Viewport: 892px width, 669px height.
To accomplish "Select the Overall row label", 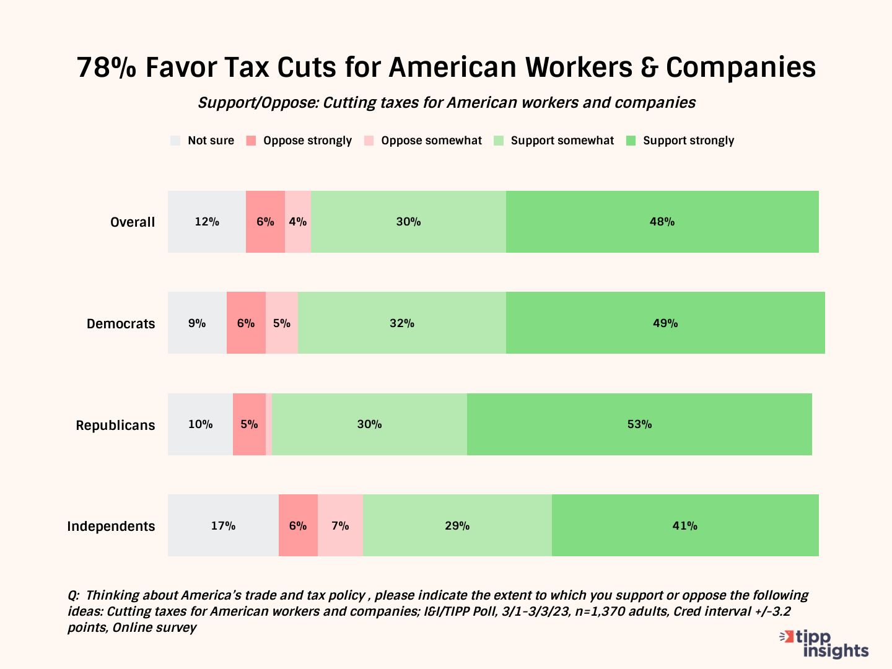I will coord(133,222).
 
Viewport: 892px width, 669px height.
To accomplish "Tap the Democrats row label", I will coord(121,324).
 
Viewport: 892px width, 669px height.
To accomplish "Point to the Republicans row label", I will coord(115,426).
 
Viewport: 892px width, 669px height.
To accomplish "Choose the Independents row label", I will coord(111,527).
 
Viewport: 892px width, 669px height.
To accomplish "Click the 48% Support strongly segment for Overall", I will coord(662,222).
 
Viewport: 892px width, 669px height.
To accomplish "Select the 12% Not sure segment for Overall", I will coord(207,222).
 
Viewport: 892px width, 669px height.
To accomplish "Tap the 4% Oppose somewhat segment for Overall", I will coord(298,222).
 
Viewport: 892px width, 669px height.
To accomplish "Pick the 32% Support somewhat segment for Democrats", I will coord(402,323).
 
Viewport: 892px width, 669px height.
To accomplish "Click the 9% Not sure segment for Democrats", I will coord(197,323).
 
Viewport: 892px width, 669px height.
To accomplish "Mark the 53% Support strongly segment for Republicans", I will coord(639,424).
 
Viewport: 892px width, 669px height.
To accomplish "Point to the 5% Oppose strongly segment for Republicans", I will coord(249,424).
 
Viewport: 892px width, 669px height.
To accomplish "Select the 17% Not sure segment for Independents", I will coord(223,526).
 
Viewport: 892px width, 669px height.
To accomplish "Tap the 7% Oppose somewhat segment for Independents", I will coord(340,526).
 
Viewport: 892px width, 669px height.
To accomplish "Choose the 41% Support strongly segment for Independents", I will coord(685,526).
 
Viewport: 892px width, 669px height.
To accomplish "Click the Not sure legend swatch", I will coord(176,141).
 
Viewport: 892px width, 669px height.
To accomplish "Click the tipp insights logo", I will coord(825,644).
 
